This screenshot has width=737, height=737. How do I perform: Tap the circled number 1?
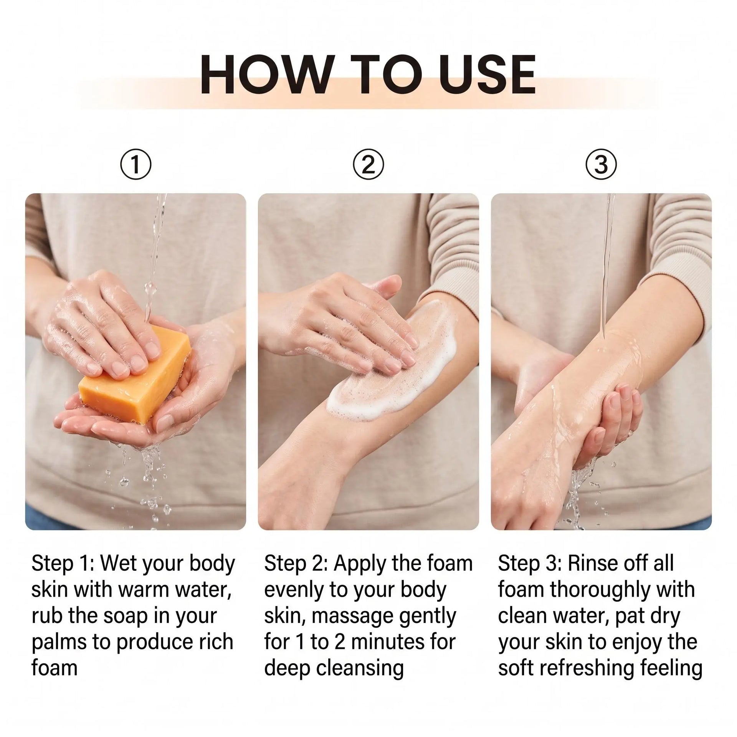pos(136,165)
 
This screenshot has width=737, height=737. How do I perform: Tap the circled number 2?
pos(368,165)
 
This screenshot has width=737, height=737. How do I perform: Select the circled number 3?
pos(601,165)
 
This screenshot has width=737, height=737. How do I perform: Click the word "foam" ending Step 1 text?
pos(55,668)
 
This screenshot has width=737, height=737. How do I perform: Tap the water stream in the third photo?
pos(608,265)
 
